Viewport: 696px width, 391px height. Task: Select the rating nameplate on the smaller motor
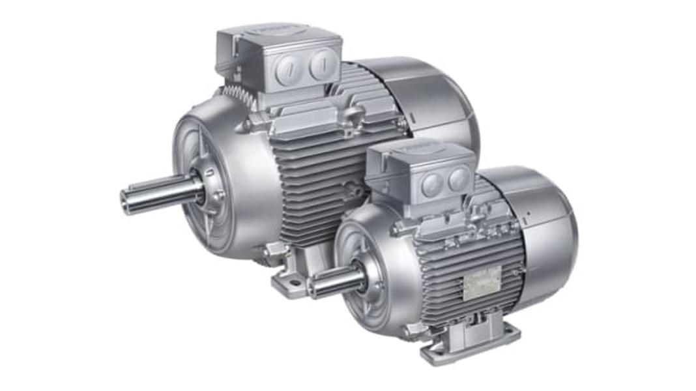click(x=482, y=284)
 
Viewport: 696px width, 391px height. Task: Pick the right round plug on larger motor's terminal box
click(x=321, y=65)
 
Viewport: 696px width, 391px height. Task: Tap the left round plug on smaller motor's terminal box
click(x=431, y=184)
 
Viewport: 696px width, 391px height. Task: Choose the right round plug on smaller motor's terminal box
click(x=458, y=179)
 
